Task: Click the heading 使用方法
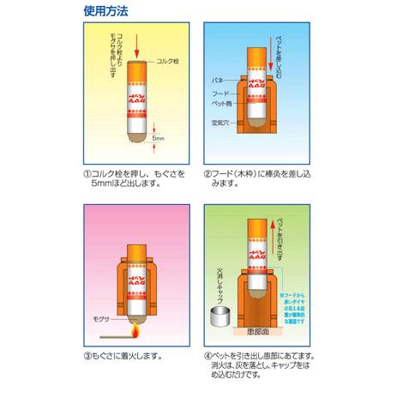[105, 13]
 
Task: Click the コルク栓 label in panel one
[168, 63]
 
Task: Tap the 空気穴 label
[220, 123]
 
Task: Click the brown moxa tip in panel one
[137, 134]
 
